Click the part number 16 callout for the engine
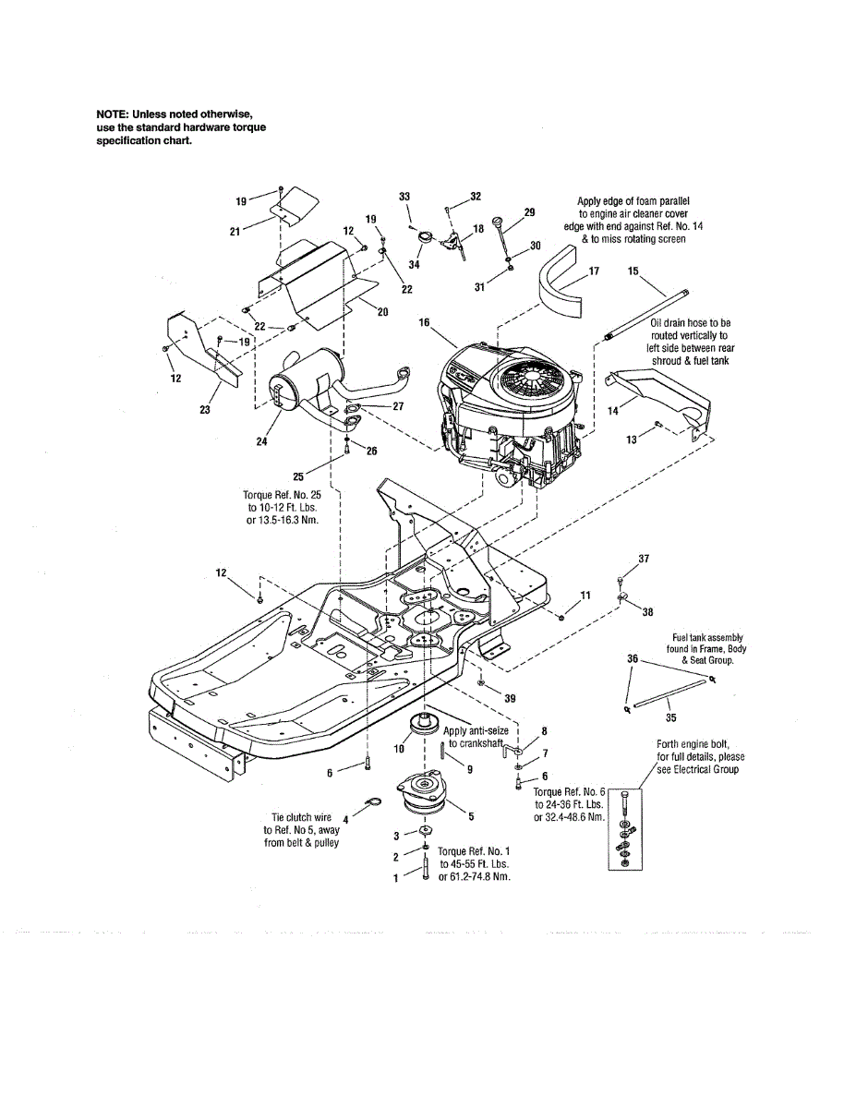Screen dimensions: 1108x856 [425, 322]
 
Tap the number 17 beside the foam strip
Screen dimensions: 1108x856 [594, 272]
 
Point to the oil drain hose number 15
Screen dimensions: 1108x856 [633, 271]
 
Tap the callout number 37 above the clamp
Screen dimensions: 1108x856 [645, 559]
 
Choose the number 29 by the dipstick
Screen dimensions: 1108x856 [529, 212]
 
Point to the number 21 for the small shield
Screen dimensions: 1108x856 [234, 232]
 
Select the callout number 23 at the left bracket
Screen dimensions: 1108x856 [206, 410]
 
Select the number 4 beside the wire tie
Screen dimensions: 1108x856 [345, 818]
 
